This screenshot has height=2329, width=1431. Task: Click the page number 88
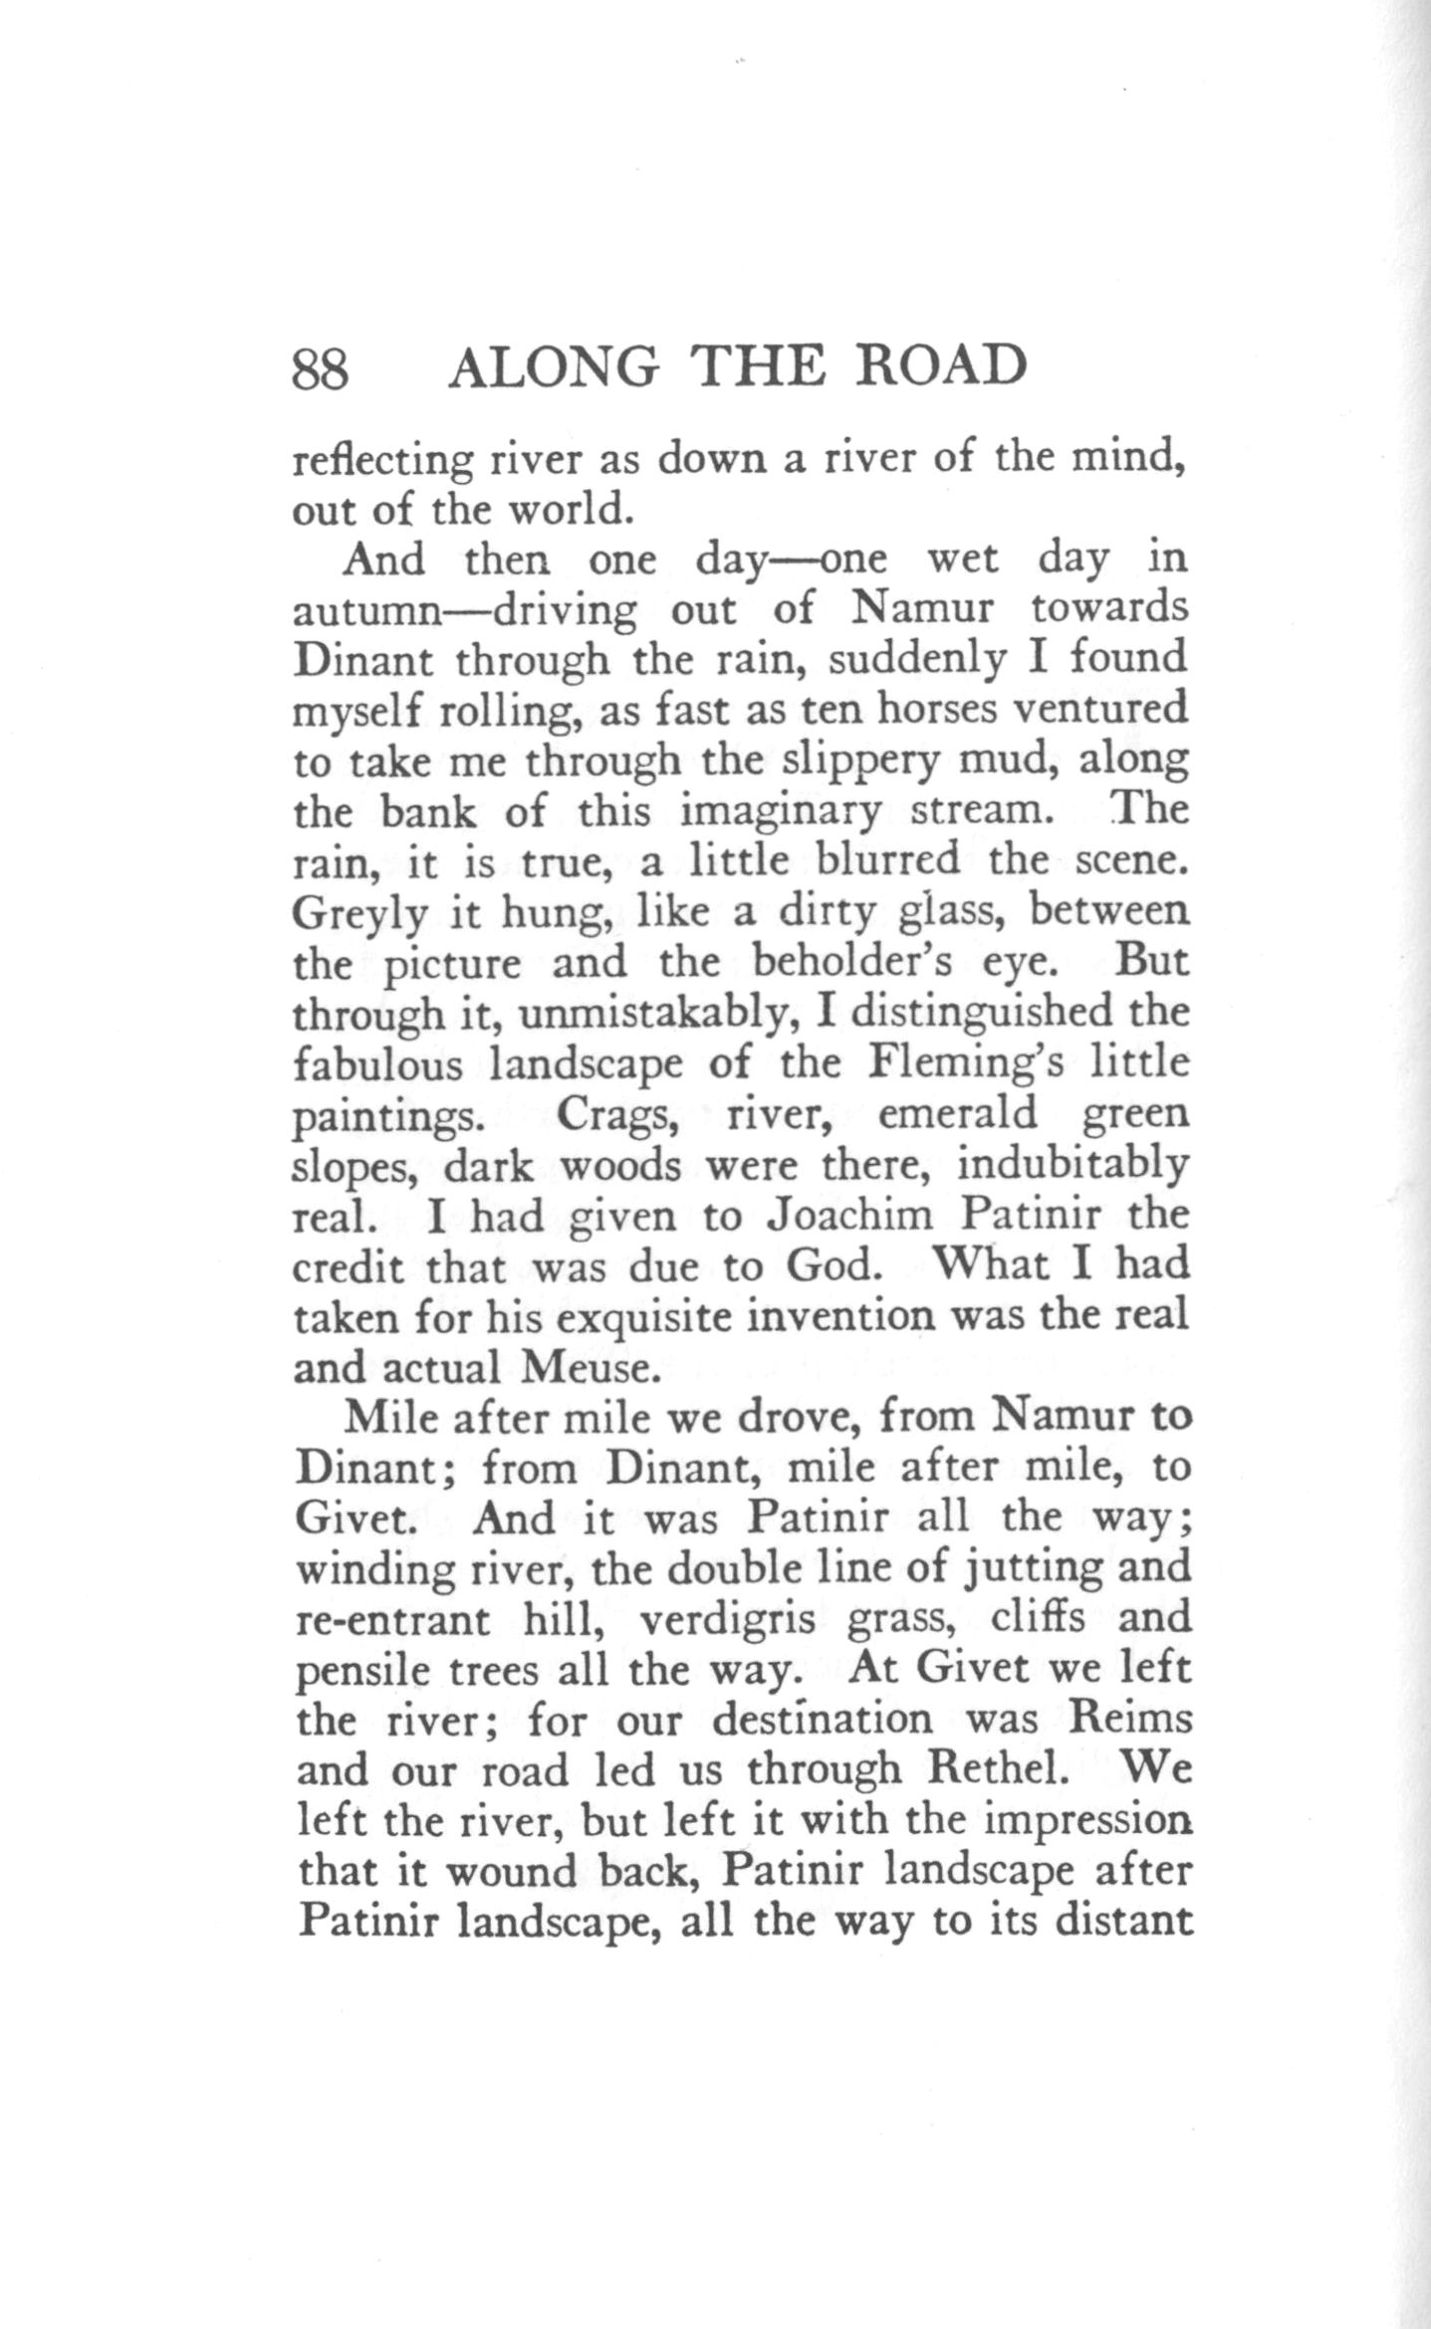(320, 368)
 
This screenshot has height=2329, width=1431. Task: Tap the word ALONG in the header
(554, 368)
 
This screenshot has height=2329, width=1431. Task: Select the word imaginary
(780, 812)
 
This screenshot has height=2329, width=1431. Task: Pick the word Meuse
(587, 1367)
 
